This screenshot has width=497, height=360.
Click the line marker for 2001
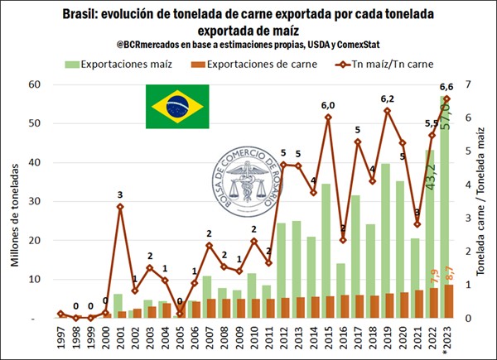point(119,206)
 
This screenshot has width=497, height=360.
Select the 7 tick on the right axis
point(468,84)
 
